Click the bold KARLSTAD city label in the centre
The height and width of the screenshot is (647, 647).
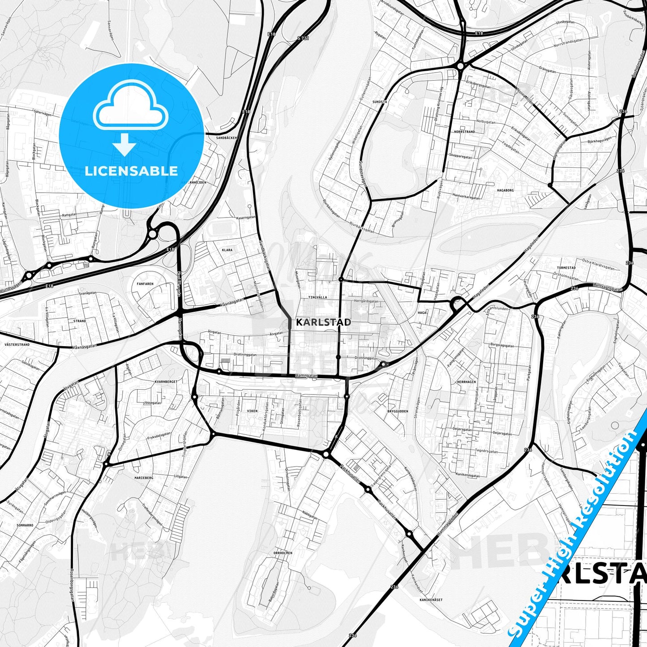[x=323, y=322]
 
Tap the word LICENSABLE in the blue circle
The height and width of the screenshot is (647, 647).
[x=131, y=171]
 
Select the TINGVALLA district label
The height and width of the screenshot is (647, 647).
[x=317, y=297]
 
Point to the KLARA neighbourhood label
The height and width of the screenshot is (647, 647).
[x=227, y=250]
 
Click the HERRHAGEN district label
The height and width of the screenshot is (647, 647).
[x=466, y=382]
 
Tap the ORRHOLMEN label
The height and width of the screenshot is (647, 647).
[x=283, y=553]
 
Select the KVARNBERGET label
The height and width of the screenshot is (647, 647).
[x=166, y=381]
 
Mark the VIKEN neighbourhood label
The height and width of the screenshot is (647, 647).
[x=252, y=411]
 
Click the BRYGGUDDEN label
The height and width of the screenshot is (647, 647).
[x=398, y=411]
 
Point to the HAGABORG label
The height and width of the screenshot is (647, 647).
[x=505, y=190]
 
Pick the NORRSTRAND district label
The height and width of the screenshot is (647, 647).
[x=464, y=132]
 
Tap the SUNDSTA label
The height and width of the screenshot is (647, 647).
[x=380, y=102]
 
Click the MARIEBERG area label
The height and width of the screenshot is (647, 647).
[x=144, y=478]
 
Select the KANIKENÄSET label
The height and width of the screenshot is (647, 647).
[x=431, y=599]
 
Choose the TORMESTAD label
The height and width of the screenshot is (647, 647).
[x=566, y=268]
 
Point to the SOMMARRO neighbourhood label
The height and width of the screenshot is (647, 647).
[x=25, y=525]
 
